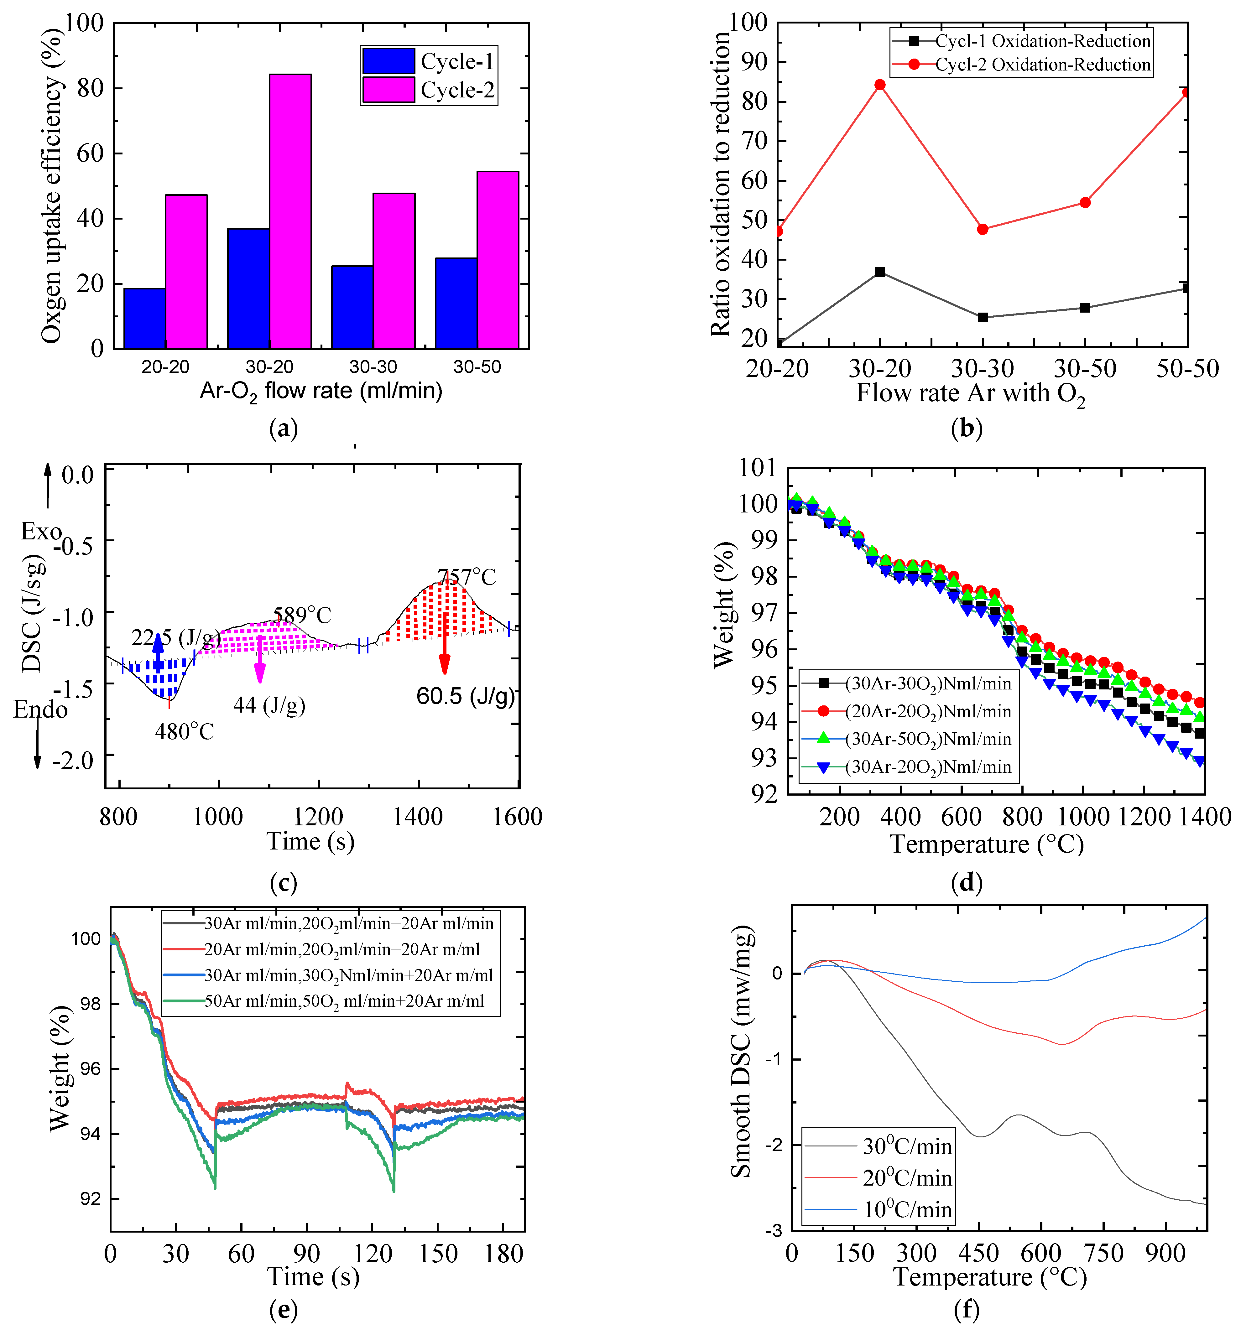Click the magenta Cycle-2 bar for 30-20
[290, 211]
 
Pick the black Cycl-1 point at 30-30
[982, 317]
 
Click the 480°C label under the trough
[185, 732]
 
